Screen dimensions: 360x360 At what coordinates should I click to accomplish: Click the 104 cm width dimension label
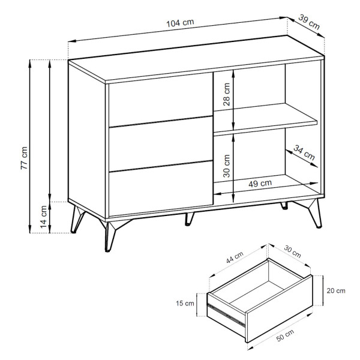(x=180, y=23)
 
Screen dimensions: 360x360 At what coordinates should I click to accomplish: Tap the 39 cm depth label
(x=309, y=22)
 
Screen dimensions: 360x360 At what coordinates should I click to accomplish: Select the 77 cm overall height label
(x=24, y=158)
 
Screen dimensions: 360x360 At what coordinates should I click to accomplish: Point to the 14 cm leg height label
(x=44, y=217)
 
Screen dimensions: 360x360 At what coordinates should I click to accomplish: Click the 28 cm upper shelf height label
(x=226, y=94)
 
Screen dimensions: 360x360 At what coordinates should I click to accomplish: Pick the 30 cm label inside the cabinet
(x=226, y=166)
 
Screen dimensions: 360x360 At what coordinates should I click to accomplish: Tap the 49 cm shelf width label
(x=260, y=184)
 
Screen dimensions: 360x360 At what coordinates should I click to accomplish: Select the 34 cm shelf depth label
(x=304, y=152)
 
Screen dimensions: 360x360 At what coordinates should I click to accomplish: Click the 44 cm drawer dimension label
(x=235, y=257)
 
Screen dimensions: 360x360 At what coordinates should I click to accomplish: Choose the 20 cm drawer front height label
(x=336, y=290)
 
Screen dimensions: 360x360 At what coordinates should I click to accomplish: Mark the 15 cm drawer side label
(x=185, y=303)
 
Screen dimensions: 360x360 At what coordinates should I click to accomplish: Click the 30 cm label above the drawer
(x=292, y=251)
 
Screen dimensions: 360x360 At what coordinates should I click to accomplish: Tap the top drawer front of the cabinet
(x=160, y=99)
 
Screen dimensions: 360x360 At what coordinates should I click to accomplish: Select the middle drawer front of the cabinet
(x=160, y=144)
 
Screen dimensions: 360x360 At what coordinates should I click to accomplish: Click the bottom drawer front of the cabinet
(x=160, y=188)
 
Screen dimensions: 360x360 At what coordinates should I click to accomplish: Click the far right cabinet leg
(x=312, y=212)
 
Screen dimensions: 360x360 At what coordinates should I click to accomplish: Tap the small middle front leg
(x=189, y=218)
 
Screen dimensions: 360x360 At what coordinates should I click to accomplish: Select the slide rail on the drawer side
(x=226, y=315)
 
